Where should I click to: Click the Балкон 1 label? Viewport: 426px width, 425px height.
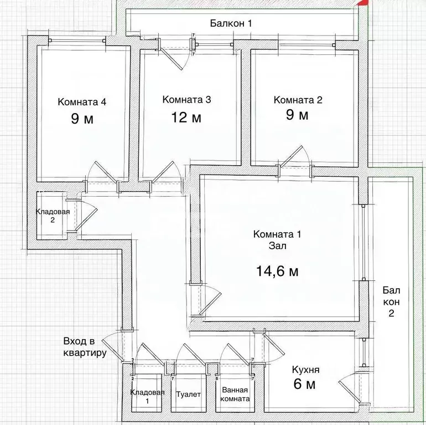coord(231,23)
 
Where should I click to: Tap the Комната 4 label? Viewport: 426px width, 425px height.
coord(82,102)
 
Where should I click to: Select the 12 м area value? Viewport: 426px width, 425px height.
coord(186,117)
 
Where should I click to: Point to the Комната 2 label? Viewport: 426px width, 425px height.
coord(298,100)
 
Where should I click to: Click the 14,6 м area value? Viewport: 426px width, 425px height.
coord(277,271)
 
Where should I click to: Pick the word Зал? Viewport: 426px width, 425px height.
coord(277,245)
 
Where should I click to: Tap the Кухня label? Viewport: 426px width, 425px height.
coord(305,370)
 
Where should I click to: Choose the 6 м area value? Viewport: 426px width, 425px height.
coord(304,384)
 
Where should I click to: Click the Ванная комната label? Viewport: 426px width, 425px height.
coord(235,395)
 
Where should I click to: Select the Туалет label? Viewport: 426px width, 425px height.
coord(188,395)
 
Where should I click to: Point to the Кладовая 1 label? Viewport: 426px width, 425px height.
coord(147,396)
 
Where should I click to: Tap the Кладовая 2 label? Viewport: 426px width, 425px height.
coord(53,216)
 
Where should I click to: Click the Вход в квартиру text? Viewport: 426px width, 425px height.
coord(85,347)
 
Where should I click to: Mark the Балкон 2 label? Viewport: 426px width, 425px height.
coord(391,302)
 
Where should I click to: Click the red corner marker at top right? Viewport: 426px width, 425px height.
coord(363,2)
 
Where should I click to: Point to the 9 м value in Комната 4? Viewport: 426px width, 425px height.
coord(82,119)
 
